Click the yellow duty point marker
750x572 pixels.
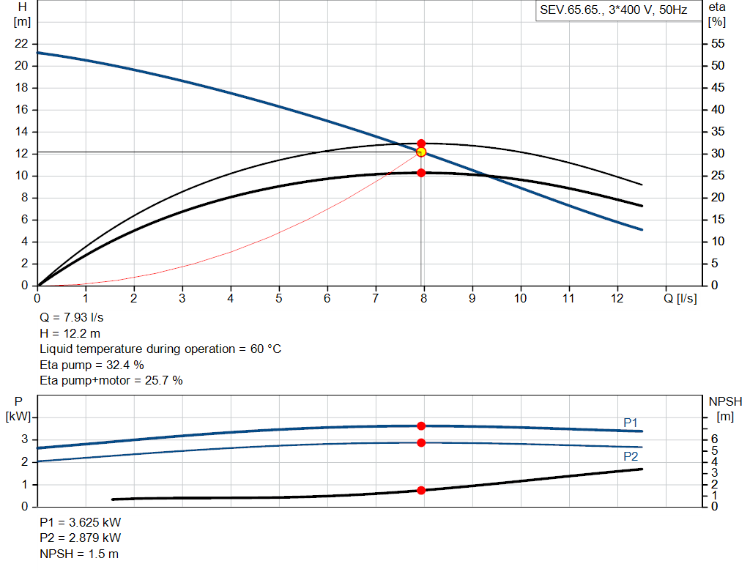click(x=421, y=152)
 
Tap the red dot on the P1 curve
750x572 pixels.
click(x=421, y=426)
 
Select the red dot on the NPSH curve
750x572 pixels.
click(x=421, y=490)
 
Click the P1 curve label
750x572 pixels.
click(x=631, y=423)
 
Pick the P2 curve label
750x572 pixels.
click(x=631, y=456)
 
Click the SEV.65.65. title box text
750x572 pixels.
click(x=613, y=11)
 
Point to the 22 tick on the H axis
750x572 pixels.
click(x=21, y=44)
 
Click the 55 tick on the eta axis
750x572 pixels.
click(x=718, y=44)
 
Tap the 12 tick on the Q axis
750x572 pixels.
click(x=617, y=298)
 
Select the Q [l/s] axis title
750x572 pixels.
click(x=680, y=298)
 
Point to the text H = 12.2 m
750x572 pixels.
click(x=71, y=333)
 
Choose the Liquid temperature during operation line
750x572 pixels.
click(x=160, y=349)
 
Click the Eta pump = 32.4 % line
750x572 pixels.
click(x=92, y=364)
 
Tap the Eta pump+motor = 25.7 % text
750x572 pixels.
click(x=111, y=380)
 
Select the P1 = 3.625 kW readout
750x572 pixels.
click(x=81, y=523)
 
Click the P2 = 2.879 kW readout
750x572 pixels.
click(x=81, y=538)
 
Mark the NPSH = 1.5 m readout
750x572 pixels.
click(x=79, y=554)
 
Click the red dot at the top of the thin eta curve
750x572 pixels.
click(x=421, y=144)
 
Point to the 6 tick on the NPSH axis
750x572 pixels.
click(x=714, y=439)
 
